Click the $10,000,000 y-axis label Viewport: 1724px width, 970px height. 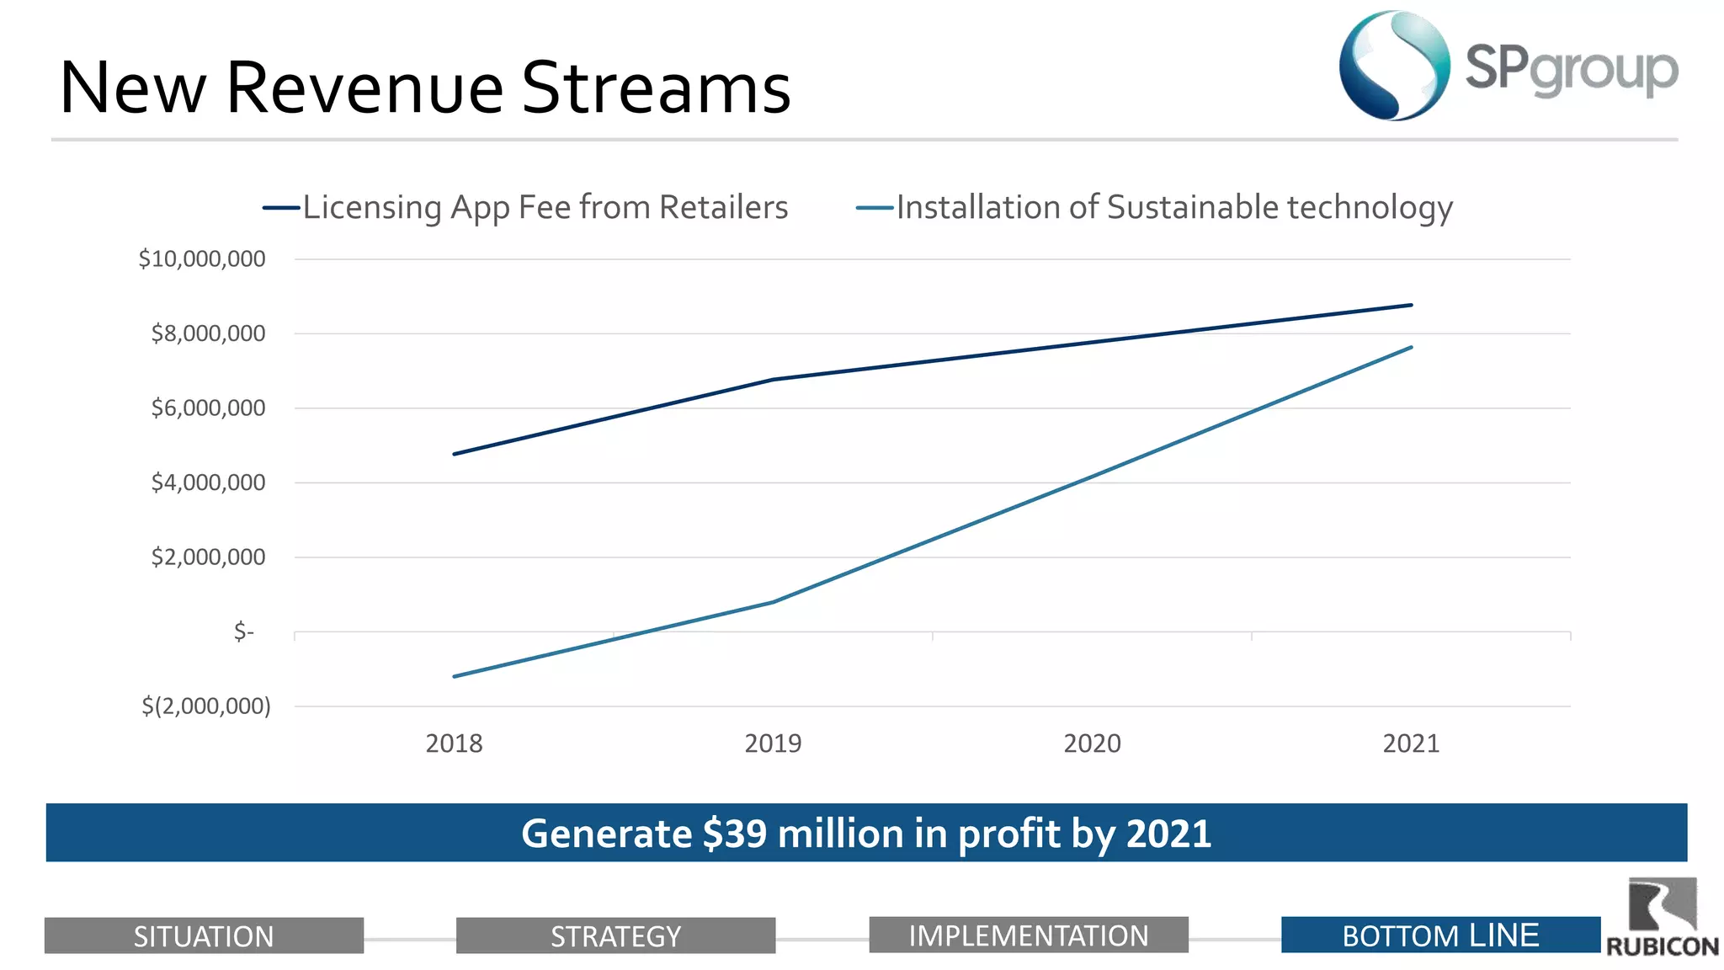pos(202,258)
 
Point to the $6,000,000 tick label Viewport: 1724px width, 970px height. pos(208,408)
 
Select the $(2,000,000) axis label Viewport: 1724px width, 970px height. pos(206,706)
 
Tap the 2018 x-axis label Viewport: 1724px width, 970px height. pos(454,743)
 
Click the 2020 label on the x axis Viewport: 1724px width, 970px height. pos(1092,743)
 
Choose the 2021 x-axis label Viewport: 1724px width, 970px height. pos(1411,743)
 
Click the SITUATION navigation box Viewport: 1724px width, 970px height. pos(204,935)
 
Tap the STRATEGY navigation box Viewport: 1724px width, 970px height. pos(615,935)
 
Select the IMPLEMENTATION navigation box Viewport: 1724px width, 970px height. pos(1028,935)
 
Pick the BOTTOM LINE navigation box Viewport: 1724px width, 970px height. pos(1439,935)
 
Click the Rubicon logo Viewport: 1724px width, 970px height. pos(1663,918)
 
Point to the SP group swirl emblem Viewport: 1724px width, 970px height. pos(1394,66)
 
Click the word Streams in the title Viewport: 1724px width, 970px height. pos(657,88)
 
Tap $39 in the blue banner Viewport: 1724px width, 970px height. pos(734,834)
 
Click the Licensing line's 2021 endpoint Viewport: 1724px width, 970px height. pos(1412,305)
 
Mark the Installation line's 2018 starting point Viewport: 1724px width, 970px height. pos(454,676)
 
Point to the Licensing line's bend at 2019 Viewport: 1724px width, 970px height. pos(773,380)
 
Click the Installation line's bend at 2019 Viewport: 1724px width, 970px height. pos(773,602)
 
